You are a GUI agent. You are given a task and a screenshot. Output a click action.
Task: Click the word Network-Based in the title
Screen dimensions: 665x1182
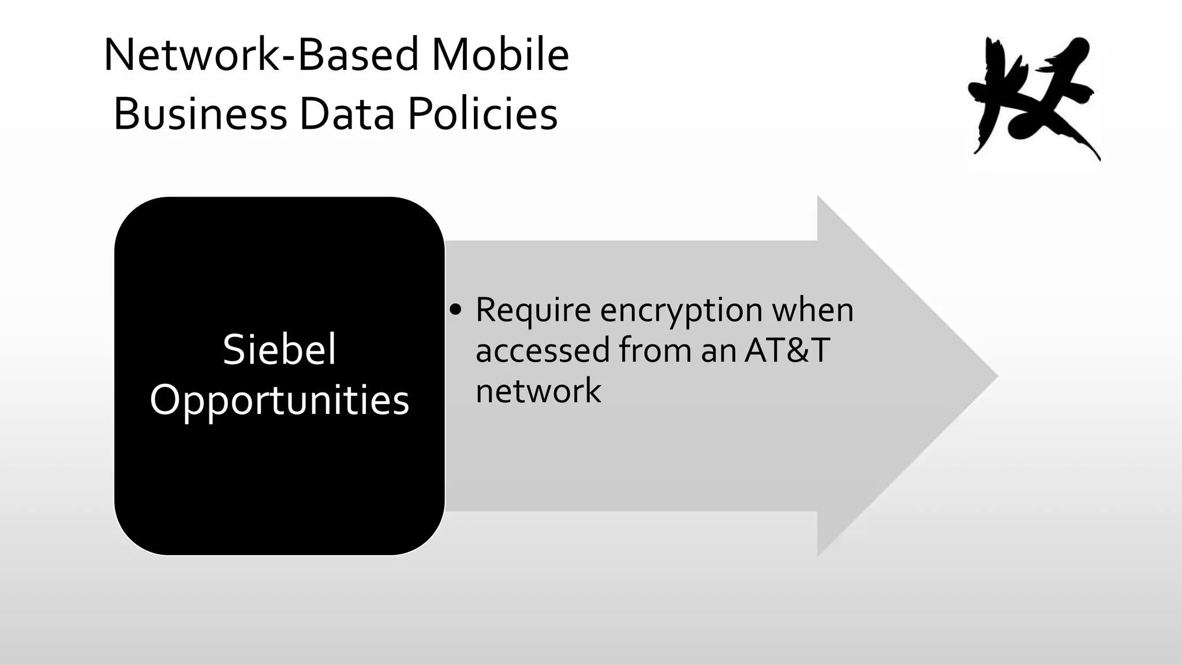point(261,55)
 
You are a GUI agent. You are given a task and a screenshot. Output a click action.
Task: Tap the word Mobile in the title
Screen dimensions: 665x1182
point(500,55)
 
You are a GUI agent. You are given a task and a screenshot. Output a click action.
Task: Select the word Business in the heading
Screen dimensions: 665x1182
point(200,114)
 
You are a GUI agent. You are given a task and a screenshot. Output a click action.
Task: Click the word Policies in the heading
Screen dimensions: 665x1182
point(482,114)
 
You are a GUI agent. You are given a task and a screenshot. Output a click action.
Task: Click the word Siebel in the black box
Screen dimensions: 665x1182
point(279,349)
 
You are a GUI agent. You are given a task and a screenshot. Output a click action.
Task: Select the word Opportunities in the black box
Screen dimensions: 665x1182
point(279,399)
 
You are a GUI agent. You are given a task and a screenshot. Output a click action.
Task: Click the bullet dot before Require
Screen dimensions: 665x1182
point(456,311)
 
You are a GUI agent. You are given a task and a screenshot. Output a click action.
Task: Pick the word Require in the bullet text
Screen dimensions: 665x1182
point(533,310)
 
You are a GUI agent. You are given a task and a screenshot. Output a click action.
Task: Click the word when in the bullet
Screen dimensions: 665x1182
point(813,310)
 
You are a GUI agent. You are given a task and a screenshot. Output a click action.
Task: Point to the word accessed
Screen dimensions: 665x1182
point(543,351)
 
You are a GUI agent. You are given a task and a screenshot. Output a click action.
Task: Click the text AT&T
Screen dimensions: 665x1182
point(787,350)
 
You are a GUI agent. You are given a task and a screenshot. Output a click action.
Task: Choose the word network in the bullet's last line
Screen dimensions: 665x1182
point(538,391)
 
